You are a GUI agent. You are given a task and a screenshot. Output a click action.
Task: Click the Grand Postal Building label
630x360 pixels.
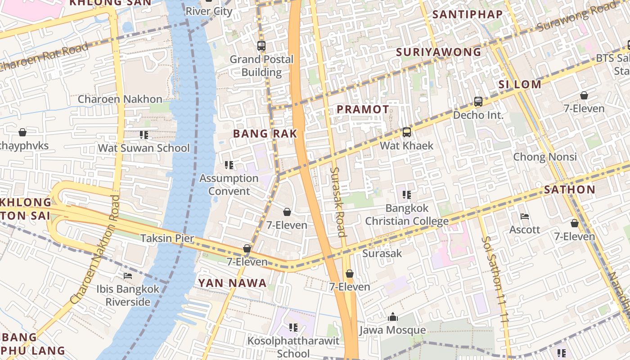tap(261, 66)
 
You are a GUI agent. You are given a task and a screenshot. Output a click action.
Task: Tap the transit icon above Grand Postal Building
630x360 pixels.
tap(261, 45)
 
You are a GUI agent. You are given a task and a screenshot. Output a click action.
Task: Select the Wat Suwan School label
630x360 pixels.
tap(144, 148)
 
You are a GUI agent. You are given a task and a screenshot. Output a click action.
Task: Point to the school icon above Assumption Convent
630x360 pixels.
tap(229, 165)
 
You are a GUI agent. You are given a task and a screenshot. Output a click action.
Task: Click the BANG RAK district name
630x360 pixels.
tap(265, 134)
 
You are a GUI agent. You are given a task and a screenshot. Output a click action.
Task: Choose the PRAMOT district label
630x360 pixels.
tap(363, 109)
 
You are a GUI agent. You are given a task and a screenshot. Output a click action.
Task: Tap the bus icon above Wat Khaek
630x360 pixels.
tap(407, 132)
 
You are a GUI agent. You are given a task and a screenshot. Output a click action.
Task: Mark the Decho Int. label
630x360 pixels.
tap(478, 115)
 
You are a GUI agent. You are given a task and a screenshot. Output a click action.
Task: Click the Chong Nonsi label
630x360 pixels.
tap(545, 157)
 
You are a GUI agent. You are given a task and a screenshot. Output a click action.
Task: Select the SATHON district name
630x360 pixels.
tap(569, 189)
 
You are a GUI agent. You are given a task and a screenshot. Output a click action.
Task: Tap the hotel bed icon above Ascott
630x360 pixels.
tap(525, 216)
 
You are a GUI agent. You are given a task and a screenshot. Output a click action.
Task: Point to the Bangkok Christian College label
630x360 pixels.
tap(407, 215)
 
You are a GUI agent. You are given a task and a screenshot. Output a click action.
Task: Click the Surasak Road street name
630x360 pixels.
tap(337, 202)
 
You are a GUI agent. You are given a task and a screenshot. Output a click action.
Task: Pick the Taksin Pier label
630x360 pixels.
tap(167, 238)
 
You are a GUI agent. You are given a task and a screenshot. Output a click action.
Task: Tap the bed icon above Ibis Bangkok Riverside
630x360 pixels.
tap(128, 275)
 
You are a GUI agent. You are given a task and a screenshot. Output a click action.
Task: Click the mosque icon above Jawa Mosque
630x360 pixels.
tap(393, 317)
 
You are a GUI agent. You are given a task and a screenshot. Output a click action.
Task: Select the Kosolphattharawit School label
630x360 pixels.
tap(293, 347)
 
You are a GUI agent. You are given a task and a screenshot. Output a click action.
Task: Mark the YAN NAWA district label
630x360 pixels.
tap(233, 283)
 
